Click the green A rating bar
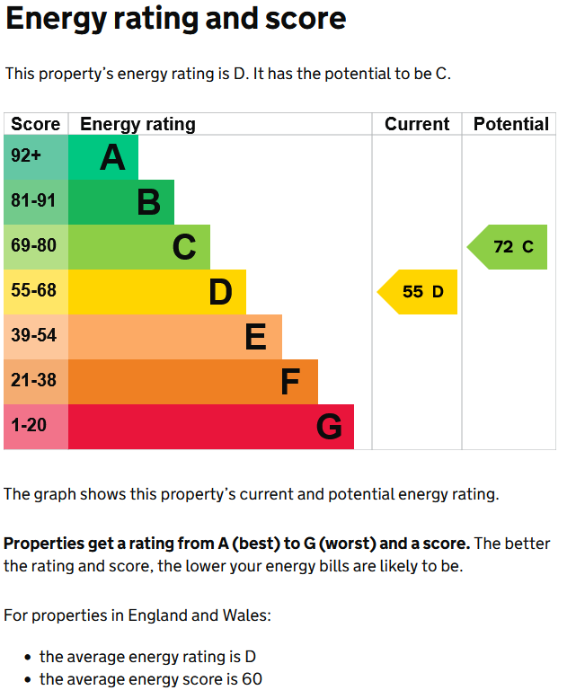103,157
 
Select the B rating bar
121,202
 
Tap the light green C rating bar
139,247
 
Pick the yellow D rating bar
157,292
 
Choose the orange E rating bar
175,337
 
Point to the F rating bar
193,382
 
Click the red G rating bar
211,427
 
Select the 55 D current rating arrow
418,292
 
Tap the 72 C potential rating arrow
508,247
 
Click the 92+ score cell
36,157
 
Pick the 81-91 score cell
36,202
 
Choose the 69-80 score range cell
36,247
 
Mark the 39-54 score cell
36,337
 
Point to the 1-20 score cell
36,427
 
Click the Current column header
417,124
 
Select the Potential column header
510,124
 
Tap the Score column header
36,124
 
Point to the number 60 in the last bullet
252,679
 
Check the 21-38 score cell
36,382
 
